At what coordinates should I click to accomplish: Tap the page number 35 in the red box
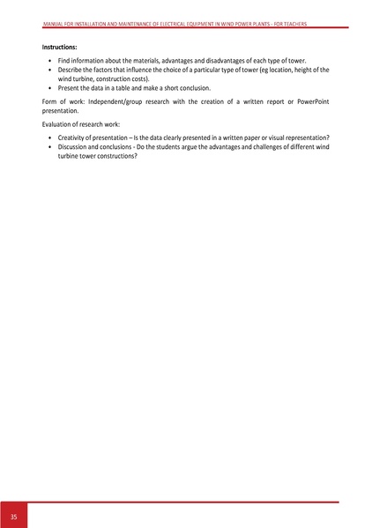(13, 516)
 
